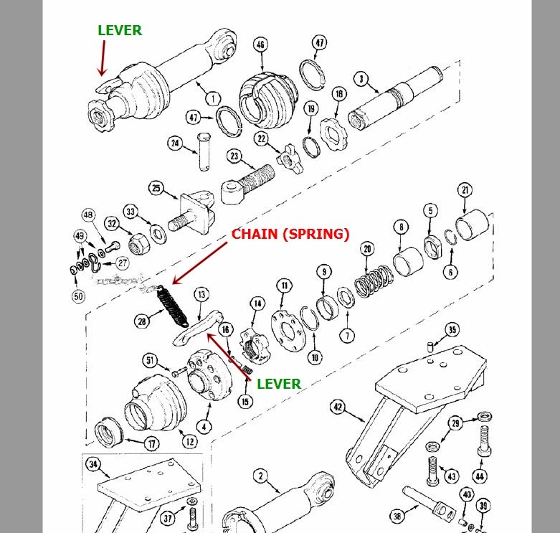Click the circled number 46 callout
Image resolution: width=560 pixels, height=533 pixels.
(x=260, y=44)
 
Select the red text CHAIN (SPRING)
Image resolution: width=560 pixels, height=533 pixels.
(x=290, y=235)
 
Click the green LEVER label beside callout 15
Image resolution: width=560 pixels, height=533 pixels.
(x=279, y=384)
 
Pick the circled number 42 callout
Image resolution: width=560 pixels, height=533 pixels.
(x=338, y=408)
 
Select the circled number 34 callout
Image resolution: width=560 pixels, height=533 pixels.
(x=92, y=464)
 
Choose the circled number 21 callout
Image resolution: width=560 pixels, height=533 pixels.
(x=466, y=189)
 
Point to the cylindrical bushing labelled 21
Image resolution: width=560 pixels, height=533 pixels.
(x=473, y=223)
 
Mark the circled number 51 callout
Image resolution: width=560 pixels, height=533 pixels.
(x=151, y=360)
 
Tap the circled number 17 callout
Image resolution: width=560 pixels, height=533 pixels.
(x=152, y=444)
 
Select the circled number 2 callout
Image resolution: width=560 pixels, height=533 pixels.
(x=260, y=475)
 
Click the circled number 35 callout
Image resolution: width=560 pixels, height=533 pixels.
(x=451, y=330)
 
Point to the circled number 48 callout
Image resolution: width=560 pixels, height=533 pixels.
(x=88, y=214)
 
